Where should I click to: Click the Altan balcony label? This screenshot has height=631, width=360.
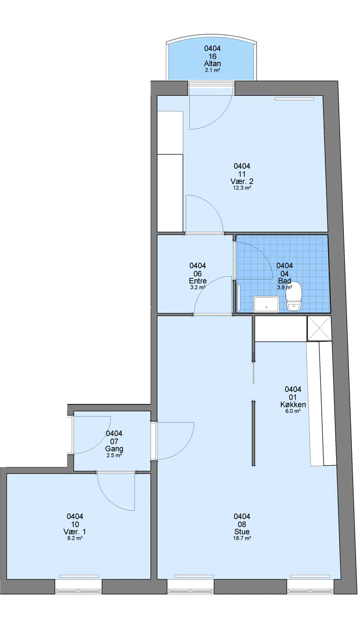pyautogui.click(x=212, y=63)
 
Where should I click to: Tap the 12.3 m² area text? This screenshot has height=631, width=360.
pyautogui.click(x=242, y=188)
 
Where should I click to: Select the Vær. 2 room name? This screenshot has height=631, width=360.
pyautogui.click(x=242, y=181)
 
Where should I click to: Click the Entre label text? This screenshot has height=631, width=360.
pyautogui.click(x=198, y=281)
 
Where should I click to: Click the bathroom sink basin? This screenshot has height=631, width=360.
pyautogui.click(x=266, y=304)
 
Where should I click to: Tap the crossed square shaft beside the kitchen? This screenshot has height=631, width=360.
pyautogui.click(x=319, y=328)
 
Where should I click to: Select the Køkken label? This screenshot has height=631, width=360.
pyautogui.click(x=293, y=404)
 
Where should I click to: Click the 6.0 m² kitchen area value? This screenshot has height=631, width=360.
pyautogui.click(x=293, y=411)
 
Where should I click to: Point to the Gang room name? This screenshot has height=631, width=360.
pyautogui.click(x=114, y=449)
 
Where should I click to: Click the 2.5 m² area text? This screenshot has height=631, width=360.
pyautogui.click(x=114, y=455)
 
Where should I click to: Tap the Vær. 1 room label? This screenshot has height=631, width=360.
pyautogui.click(x=75, y=532)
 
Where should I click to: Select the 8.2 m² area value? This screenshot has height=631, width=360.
pyautogui.click(x=75, y=538)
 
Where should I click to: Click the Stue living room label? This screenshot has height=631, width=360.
pyautogui.click(x=242, y=532)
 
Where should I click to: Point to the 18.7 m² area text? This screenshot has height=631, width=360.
pyautogui.click(x=242, y=538)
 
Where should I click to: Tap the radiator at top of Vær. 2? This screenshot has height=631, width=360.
pyautogui.click(x=295, y=99)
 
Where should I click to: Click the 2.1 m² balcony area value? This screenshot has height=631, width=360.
pyautogui.click(x=212, y=70)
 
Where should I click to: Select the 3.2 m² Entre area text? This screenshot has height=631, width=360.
pyautogui.click(x=198, y=287)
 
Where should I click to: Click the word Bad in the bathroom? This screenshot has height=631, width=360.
pyautogui.click(x=284, y=281)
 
